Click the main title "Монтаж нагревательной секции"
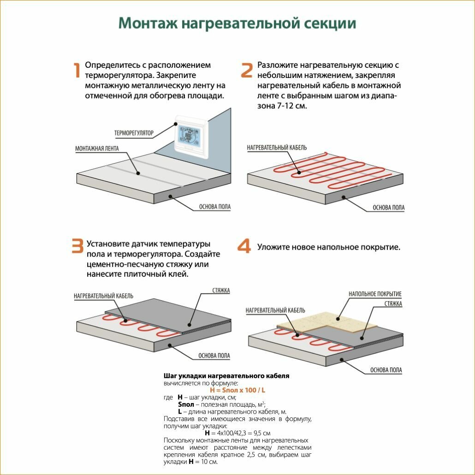(x=237, y=24)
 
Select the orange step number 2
(x=247, y=70)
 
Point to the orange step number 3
(x=77, y=247)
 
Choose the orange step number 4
(x=244, y=247)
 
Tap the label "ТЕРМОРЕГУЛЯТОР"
(x=134, y=133)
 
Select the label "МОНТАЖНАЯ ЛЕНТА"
(x=97, y=148)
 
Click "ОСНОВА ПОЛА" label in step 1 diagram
(x=215, y=207)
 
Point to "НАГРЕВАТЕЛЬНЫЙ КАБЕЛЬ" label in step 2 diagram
(x=277, y=148)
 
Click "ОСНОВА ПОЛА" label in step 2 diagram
(x=388, y=208)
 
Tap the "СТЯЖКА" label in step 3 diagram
(x=221, y=291)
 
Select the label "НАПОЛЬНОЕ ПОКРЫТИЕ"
(x=375, y=294)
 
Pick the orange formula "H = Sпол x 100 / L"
(x=237, y=390)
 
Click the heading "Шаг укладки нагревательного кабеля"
(x=226, y=376)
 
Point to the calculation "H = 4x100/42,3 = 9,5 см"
(x=237, y=433)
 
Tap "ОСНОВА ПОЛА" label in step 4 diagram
(x=386, y=370)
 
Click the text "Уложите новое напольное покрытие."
(x=328, y=247)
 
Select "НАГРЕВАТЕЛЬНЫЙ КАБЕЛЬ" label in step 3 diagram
(x=103, y=296)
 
